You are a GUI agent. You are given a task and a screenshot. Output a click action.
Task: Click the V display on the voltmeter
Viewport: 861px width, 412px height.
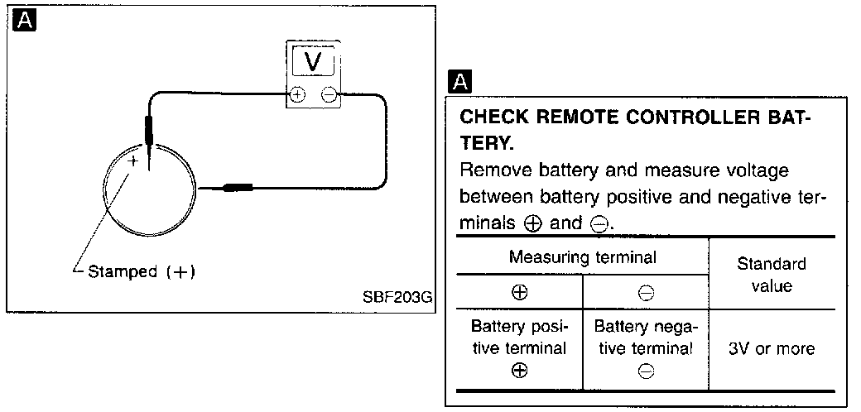[x=313, y=60]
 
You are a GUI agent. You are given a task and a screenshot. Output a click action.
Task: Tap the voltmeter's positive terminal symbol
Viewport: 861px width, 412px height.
[x=297, y=95]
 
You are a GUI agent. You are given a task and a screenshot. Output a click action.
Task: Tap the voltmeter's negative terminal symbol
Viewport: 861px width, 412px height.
[x=329, y=95]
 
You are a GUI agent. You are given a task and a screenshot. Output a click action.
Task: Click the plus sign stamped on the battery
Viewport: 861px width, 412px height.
[x=133, y=160]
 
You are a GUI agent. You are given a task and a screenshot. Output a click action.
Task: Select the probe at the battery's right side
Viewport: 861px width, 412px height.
[x=238, y=188]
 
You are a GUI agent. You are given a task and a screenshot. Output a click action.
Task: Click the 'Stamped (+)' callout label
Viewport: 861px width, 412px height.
[x=142, y=271]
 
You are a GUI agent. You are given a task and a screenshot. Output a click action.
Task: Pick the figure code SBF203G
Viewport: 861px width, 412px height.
[x=397, y=297]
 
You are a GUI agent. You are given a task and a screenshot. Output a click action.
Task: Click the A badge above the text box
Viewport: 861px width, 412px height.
[x=460, y=82]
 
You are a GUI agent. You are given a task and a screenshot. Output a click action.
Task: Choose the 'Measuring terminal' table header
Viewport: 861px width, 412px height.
[x=582, y=256]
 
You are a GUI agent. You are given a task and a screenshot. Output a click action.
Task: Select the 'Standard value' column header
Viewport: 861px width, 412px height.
[x=772, y=275]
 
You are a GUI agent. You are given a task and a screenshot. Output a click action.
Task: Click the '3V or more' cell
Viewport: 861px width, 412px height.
[x=772, y=349]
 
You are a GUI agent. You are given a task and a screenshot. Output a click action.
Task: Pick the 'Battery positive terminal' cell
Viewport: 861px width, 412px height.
[x=519, y=347]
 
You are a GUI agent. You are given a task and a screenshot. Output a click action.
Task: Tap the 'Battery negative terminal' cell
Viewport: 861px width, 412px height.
[x=646, y=347]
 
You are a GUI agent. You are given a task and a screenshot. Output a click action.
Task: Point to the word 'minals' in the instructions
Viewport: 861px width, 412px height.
[x=486, y=223]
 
